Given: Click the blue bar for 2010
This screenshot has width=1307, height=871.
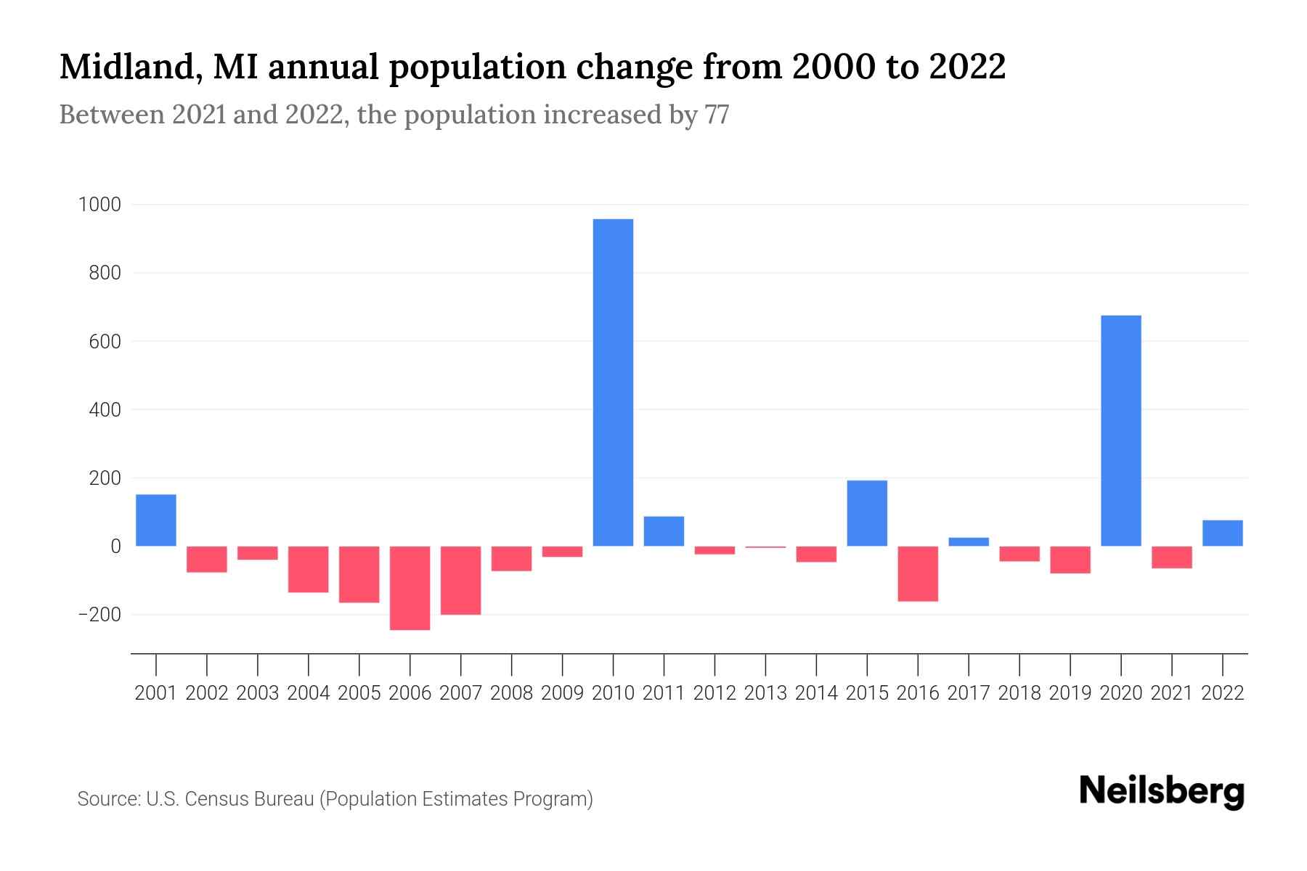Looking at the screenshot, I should click(x=613, y=383).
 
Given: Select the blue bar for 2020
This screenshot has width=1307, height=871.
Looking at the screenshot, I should click(x=1120, y=430).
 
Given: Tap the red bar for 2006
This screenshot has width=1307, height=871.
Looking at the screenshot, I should click(x=410, y=588).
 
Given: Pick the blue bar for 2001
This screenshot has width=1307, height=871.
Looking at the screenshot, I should click(x=156, y=520).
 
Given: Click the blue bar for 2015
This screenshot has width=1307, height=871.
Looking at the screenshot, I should click(x=867, y=513).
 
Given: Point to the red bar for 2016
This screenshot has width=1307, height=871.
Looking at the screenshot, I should click(x=918, y=573).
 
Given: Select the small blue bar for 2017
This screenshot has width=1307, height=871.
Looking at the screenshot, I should click(x=969, y=541).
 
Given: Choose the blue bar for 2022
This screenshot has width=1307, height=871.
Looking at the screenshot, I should click(x=1222, y=533).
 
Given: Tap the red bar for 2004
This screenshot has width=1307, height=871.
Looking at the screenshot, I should click(x=309, y=569).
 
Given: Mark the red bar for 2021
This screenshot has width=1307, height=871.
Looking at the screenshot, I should click(x=1171, y=557).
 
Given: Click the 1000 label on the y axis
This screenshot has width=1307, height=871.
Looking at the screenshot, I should click(x=99, y=205).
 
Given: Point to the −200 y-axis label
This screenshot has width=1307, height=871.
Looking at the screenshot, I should click(x=99, y=615).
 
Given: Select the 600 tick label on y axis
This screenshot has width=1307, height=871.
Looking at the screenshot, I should click(x=106, y=341).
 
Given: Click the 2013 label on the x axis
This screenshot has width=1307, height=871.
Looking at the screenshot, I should click(x=765, y=693).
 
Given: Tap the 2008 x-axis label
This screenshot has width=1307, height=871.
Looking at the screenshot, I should click(x=511, y=693).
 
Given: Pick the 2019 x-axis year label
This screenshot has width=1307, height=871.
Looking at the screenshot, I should click(x=1070, y=693).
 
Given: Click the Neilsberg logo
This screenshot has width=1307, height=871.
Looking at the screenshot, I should click(x=1162, y=791).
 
